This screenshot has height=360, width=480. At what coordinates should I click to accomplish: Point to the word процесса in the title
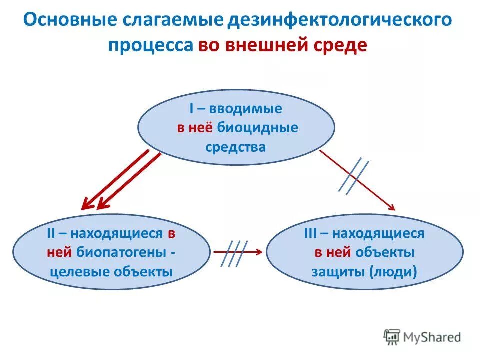[151, 45]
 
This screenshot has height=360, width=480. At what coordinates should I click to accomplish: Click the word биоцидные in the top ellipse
[258, 128]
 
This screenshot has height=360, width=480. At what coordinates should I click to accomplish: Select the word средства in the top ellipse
[236, 147]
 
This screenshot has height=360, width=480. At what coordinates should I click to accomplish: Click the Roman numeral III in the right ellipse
[311, 233]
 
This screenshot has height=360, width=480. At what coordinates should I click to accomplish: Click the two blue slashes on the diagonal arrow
[354, 176]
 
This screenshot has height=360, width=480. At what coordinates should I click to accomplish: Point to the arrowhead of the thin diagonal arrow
[392, 208]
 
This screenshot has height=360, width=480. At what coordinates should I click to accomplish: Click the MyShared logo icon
[392, 337]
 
